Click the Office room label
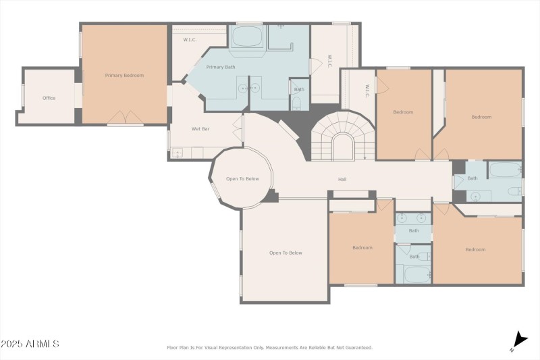click(49, 99)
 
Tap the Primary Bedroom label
click(124, 76)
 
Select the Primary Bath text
click(220, 68)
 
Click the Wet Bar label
click(200, 128)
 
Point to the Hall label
click(343, 180)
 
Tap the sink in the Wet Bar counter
click(178, 153)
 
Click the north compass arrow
click(520, 340)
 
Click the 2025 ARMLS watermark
click(30, 344)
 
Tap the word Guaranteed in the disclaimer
click(356, 348)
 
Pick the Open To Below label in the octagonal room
click(242, 179)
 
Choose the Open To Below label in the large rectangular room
click(286, 253)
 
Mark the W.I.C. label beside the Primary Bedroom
click(190, 40)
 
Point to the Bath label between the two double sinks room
click(413, 231)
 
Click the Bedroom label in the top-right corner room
click(481, 118)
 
